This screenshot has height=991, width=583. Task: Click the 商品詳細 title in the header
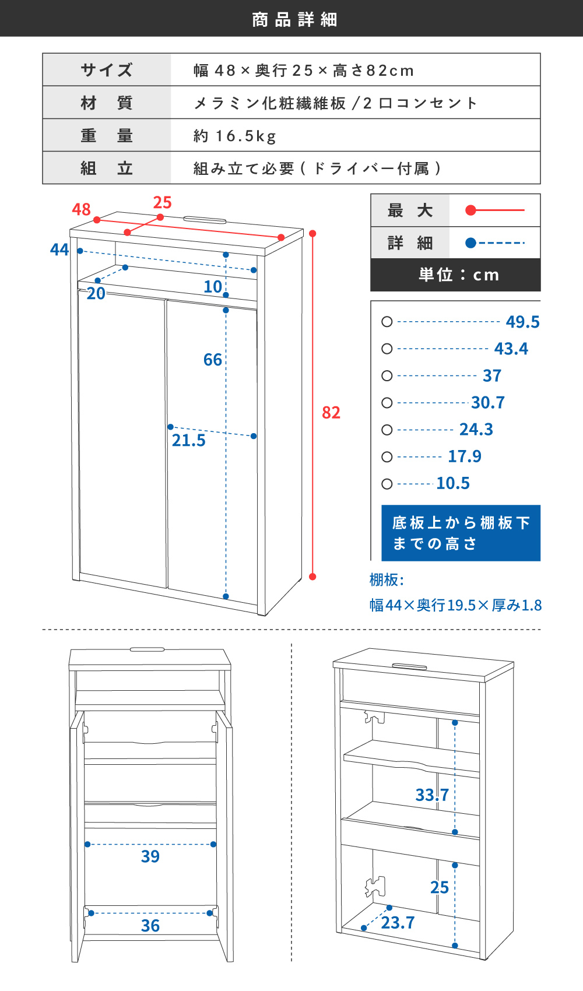294,19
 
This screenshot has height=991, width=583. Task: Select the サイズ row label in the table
107,71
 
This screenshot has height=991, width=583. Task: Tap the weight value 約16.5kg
234,136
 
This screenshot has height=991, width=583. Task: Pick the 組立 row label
107,168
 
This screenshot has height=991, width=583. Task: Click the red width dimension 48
82,209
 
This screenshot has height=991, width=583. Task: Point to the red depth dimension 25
162,202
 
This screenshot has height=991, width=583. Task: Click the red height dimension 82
331,413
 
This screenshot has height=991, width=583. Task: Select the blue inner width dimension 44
59,250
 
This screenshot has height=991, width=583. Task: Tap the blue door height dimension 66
213,360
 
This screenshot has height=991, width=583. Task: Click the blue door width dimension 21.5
188,441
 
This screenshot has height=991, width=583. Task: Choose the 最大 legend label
410,210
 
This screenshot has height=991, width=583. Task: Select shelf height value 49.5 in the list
522,322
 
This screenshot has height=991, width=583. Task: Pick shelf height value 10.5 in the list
453,483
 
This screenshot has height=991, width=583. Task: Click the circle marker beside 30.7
387,403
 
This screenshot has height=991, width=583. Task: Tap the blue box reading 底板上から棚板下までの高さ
461,533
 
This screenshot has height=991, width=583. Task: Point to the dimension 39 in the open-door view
150,856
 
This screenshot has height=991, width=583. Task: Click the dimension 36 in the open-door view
150,926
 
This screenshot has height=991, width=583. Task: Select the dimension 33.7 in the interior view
432,795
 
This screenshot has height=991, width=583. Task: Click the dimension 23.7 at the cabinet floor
398,923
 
